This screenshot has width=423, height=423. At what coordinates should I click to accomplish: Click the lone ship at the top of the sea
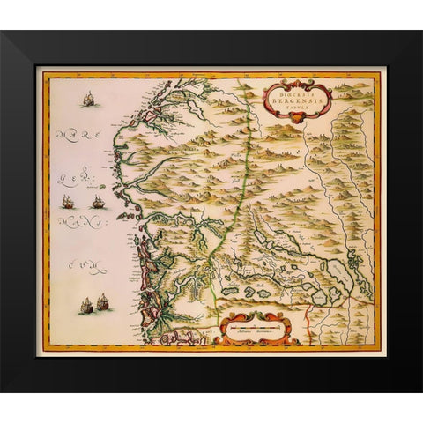click(x=88, y=100)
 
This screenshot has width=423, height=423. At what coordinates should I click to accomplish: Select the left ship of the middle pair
click(x=67, y=202)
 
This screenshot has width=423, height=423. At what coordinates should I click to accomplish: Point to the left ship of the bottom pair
click(x=86, y=306)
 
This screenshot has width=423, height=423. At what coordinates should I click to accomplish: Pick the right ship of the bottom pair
click(x=103, y=301)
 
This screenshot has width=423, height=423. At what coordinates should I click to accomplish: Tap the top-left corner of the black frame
click(x=3, y=33)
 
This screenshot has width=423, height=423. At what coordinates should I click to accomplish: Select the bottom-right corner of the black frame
click(x=419, y=390)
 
